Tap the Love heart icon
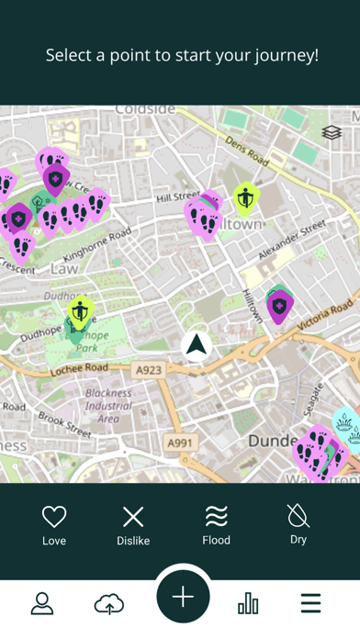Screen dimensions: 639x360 [54, 516]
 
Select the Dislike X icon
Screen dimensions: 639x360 [133, 516]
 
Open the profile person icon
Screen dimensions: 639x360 [42, 603]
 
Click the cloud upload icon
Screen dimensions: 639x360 [109, 603]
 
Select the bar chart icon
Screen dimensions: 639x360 [248, 603]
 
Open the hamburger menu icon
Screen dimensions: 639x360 [310, 603]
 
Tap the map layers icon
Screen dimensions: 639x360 [332, 133]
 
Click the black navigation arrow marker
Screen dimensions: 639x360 [196, 345]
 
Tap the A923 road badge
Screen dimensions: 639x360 [151, 370]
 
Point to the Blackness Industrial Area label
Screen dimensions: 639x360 [107, 406]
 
